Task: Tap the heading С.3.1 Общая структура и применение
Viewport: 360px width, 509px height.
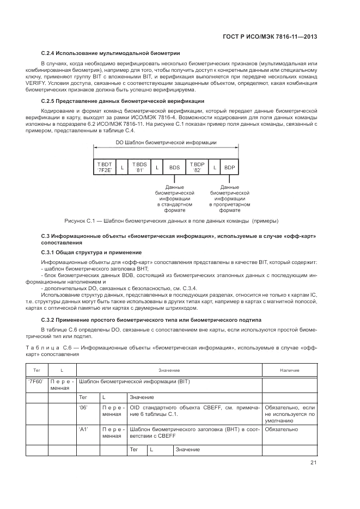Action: pos(91,253)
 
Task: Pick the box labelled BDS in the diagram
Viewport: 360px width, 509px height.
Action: pos(174,167)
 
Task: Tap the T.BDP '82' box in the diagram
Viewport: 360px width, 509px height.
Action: pos(197,167)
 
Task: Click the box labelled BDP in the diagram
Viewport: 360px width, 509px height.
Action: pos(229,167)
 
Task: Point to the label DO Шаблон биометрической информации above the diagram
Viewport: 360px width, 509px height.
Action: pos(166,143)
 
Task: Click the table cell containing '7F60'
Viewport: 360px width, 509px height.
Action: pos(36,382)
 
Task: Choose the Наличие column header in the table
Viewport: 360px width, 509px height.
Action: pos(289,370)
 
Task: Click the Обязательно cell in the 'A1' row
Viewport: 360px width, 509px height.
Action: pos(280,430)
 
